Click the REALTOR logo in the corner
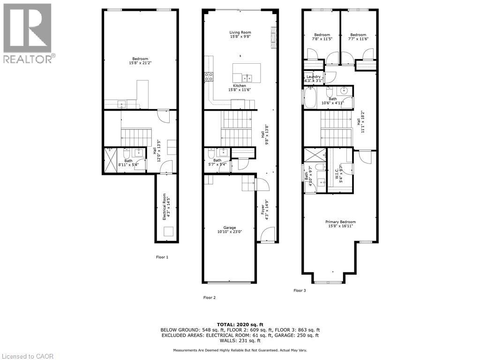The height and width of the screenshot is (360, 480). click(28, 33)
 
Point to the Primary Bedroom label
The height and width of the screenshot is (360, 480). click(341, 224)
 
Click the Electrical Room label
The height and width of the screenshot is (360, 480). click(165, 207)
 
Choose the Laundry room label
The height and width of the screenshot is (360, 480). click(314, 79)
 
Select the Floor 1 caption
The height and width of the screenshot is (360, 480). click(162, 257)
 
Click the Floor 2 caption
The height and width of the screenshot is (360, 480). click(209, 298)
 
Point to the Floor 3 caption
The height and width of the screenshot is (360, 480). click(300, 291)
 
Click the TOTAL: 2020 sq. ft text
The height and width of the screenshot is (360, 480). click(240, 324)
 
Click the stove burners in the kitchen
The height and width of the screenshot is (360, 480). click(209, 77)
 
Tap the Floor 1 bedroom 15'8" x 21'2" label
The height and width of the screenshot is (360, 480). click(140, 61)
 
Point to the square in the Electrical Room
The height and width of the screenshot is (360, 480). click(168, 232)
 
